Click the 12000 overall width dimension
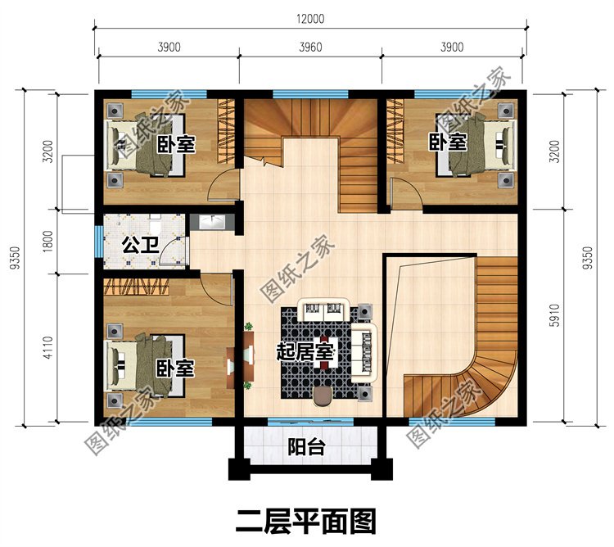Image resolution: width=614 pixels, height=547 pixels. (x=310, y=19)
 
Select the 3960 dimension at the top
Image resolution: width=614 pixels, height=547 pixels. (x=310, y=47)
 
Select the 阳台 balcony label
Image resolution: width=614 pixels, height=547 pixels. (x=307, y=447)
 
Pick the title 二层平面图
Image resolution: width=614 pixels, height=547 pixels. (x=306, y=519)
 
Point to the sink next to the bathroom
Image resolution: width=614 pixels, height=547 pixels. (x=211, y=223)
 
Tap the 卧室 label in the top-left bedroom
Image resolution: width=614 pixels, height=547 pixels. (x=177, y=146)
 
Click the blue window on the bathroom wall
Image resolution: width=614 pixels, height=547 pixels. (x=98, y=242)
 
